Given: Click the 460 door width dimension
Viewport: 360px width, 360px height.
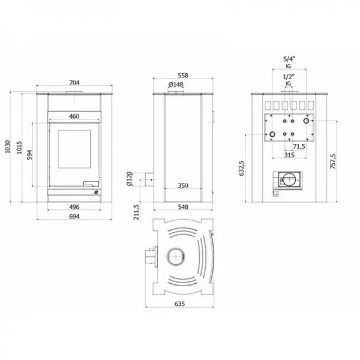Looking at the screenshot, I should (x=74, y=116).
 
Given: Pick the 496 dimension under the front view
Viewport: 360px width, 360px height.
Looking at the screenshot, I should (x=74, y=207).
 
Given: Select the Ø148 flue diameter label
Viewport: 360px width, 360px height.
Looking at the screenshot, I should (x=175, y=85).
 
